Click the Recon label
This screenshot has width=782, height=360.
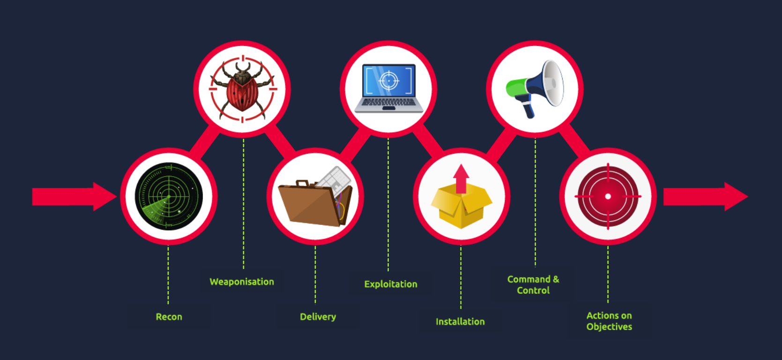pos(169,317)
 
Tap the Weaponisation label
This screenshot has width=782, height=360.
pos(242,282)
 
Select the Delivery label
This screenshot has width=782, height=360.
pos(318,317)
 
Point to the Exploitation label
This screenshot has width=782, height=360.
pos(391,284)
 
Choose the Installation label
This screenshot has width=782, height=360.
pos(460,322)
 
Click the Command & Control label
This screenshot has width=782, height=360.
pos(533,285)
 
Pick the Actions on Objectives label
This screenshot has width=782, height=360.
pos(609,321)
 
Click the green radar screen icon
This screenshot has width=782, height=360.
pos(169,196)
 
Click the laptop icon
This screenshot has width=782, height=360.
pos(389,88)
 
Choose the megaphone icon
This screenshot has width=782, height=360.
pos(535,89)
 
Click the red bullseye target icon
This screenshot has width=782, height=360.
pos(608,196)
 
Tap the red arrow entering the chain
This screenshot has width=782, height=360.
pos(74,196)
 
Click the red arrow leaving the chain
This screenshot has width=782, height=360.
pos(706,196)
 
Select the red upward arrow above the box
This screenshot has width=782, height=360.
pos(462,179)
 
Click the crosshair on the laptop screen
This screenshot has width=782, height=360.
pos(389,81)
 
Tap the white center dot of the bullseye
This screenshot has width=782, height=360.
pos(608,196)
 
